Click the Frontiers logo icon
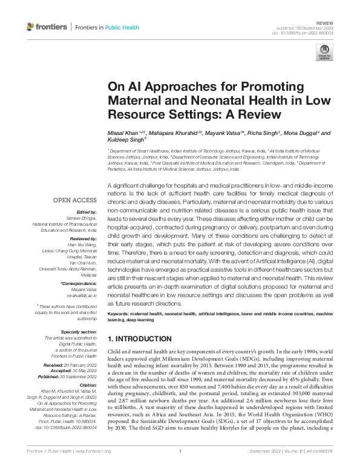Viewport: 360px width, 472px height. pyautogui.click(x=31, y=27)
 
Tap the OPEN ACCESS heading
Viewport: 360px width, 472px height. pyautogui.click(x=75, y=200)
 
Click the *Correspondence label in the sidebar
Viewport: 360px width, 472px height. pyautogui.click(x=78, y=283)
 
